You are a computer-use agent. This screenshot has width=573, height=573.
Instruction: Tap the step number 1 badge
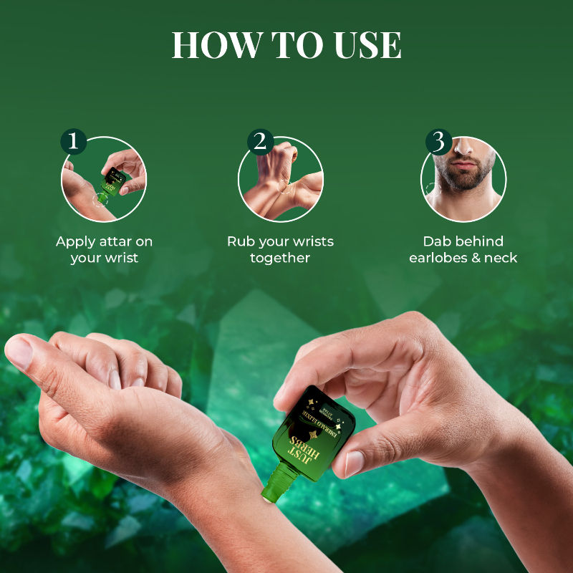point(72,141)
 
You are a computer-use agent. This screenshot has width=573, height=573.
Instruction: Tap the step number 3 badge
point(438,141)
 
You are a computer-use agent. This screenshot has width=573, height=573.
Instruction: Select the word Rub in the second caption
point(241,241)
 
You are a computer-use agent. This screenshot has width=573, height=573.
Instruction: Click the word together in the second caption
point(280,257)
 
